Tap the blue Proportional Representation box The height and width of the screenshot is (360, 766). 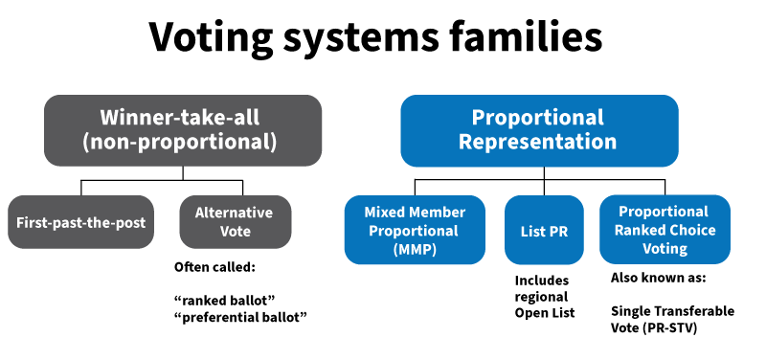(538, 130)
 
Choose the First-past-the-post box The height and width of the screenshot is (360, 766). (80, 222)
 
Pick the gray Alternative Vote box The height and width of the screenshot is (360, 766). (235, 222)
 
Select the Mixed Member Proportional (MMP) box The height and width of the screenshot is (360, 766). (416, 230)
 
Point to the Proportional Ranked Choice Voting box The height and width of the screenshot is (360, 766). (664, 230)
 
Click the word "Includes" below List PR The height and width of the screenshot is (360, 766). (541, 281)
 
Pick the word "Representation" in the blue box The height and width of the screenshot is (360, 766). (538, 143)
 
